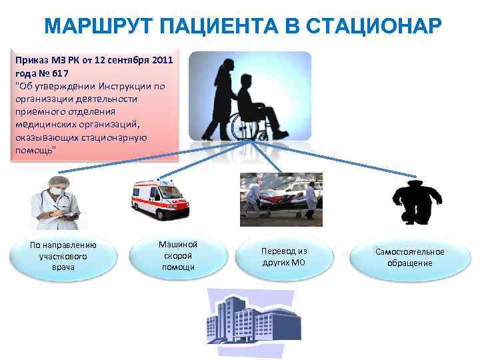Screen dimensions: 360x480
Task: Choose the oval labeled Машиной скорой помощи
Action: [178, 256]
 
